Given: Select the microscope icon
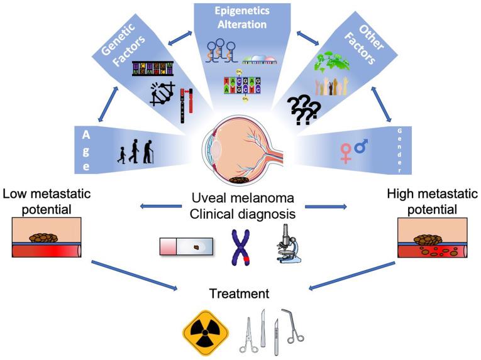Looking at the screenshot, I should [x=287, y=242].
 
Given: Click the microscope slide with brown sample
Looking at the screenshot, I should [x=186, y=246].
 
